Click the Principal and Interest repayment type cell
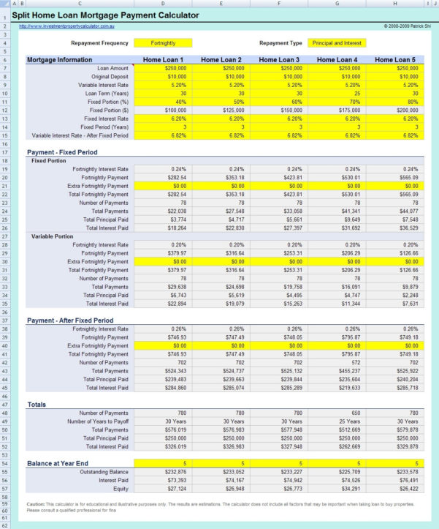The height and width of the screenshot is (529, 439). point(337,43)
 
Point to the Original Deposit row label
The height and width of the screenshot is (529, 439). point(110,77)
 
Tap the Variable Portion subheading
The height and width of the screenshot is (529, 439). point(52,236)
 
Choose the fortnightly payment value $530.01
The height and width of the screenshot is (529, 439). point(343,178)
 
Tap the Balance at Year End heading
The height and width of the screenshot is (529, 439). point(58,464)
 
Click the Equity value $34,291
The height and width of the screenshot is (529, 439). point(343,489)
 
